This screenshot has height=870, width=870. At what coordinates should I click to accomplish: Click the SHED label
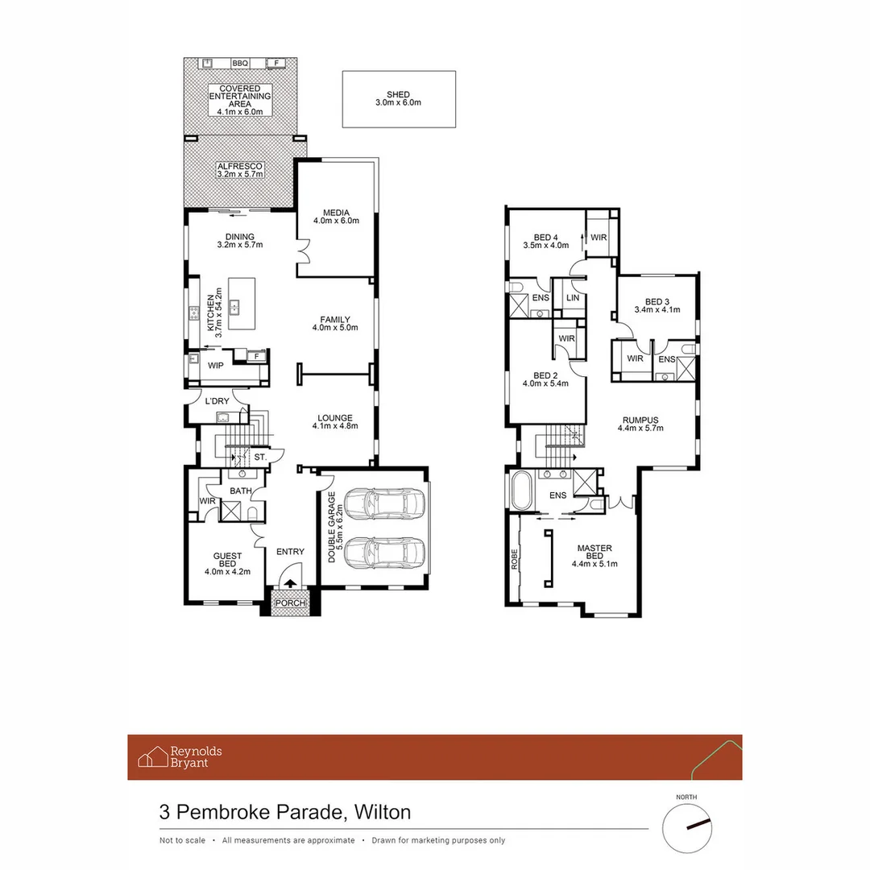click(x=398, y=93)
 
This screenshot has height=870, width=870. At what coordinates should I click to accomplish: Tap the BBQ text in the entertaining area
click(x=239, y=63)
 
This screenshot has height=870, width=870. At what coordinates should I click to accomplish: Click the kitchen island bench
click(x=241, y=303)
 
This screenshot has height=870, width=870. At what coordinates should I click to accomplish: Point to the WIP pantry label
click(x=216, y=365)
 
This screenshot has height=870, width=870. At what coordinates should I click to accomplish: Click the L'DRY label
click(x=217, y=401)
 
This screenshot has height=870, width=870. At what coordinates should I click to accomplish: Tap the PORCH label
click(x=289, y=603)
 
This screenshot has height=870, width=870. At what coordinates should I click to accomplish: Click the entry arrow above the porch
click(x=289, y=584)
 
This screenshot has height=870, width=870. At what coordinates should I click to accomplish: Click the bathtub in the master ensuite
click(x=519, y=491)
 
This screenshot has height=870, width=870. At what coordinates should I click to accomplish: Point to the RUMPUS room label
click(x=640, y=420)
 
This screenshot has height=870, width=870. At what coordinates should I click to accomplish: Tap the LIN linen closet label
click(x=572, y=298)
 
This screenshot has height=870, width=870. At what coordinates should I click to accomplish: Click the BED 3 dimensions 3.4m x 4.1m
click(x=657, y=309)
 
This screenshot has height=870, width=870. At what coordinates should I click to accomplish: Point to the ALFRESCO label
click(x=239, y=167)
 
